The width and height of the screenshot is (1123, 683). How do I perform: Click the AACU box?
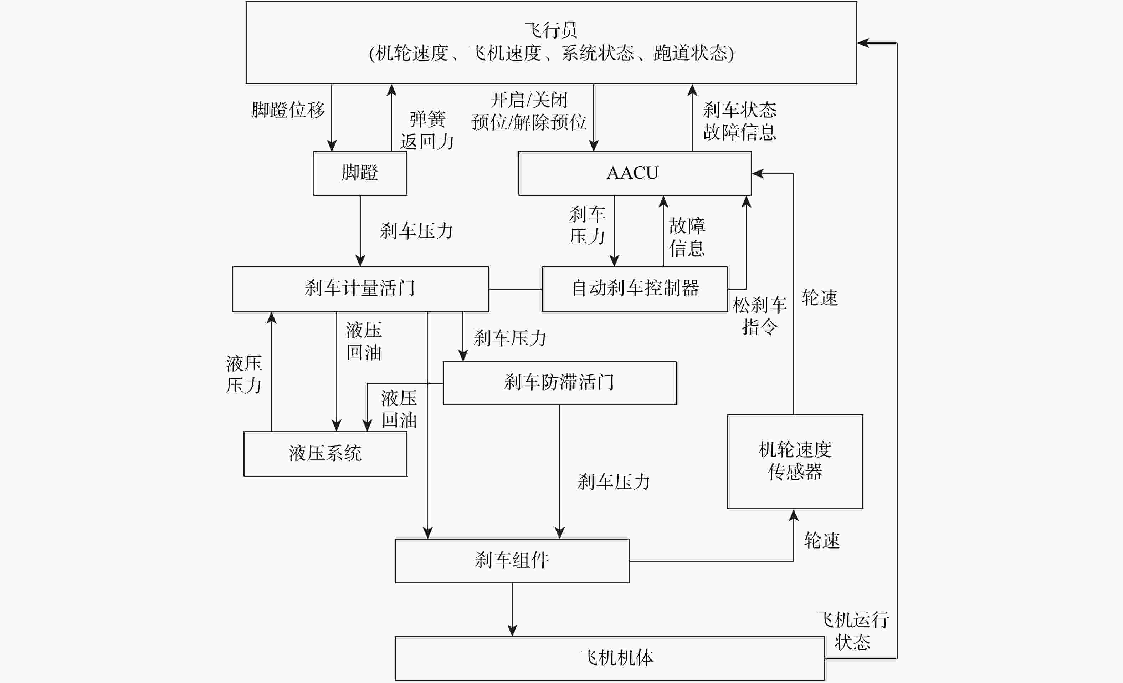click(635, 173)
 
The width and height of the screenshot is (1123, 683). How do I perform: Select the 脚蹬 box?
click(360, 173)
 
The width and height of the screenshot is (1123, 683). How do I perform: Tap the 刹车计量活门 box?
click(360, 289)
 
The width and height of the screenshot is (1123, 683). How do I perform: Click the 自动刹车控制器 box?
click(635, 289)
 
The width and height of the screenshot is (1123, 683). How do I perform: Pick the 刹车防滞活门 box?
click(559, 383)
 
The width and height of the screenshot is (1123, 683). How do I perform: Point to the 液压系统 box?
click(325, 454)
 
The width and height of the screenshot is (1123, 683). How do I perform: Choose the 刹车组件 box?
click(512, 560)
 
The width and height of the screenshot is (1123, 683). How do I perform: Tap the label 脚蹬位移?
click(288, 110)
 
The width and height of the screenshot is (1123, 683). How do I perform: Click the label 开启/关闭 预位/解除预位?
click(529, 111)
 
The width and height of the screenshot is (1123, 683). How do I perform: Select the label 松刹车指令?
click(759, 316)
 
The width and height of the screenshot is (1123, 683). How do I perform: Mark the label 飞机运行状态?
click(852, 631)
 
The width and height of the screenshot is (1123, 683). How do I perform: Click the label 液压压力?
click(244, 374)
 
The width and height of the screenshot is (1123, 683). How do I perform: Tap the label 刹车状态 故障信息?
click(739, 121)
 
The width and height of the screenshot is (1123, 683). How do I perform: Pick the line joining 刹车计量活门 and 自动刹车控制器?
click(515, 289)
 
